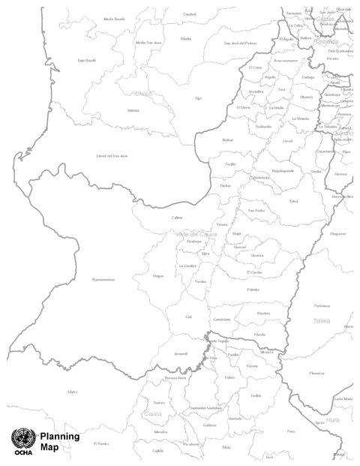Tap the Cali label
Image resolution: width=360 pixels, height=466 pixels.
point(189,317)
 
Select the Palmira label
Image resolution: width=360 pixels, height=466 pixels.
point(252,289)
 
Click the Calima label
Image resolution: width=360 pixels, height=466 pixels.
point(177,218)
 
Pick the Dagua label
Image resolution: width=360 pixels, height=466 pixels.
point(158,276)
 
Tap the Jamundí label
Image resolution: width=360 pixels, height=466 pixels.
point(180,353)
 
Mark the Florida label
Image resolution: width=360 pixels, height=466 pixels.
point(259,334)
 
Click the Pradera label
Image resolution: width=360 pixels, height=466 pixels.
point(262,314)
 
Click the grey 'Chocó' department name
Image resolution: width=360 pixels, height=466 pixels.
point(142,94)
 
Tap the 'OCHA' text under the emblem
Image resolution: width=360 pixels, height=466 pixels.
point(21,453)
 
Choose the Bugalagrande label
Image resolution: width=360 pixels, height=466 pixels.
point(281,171)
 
